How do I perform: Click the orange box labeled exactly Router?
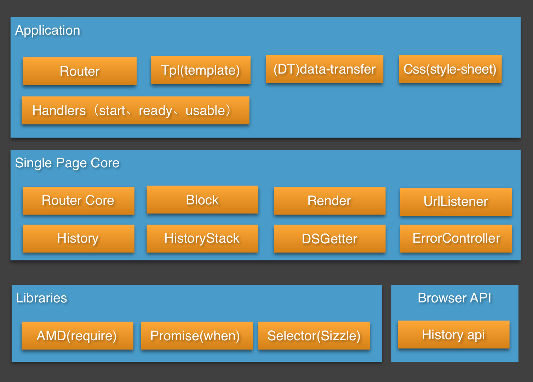pyautogui.click(x=80, y=71)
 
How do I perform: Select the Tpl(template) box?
pyautogui.click(x=201, y=70)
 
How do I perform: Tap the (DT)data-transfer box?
pyautogui.click(x=325, y=69)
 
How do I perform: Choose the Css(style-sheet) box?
pyautogui.click(x=450, y=69)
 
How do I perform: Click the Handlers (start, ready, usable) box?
pyautogui.click(x=135, y=110)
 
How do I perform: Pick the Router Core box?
pyautogui.click(x=78, y=201)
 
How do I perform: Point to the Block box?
pyautogui.click(x=202, y=200)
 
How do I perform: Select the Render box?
pyautogui.click(x=329, y=201)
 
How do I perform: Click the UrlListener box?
pyautogui.click(x=456, y=202)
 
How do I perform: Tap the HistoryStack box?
pyautogui.click(x=202, y=238)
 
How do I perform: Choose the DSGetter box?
pyautogui.click(x=329, y=239)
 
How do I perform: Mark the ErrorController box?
pyautogui.click(x=456, y=238)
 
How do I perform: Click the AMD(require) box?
pyautogui.click(x=77, y=336)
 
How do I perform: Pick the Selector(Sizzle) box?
pyautogui.click(x=314, y=336)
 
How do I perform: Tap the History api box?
pyautogui.click(x=453, y=335)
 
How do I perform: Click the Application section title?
pyautogui.click(x=48, y=30)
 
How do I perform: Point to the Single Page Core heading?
pyautogui.click(x=67, y=163)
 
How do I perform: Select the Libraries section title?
pyautogui.click(x=42, y=298)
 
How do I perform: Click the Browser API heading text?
pyautogui.click(x=454, y=298)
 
